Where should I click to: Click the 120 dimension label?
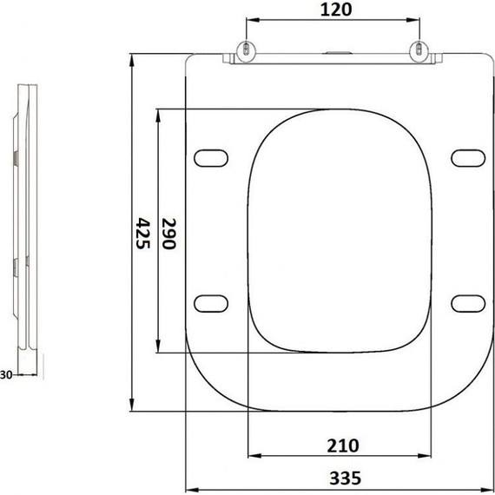click(x=335, y=10)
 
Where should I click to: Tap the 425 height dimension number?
click(x=142, y=234)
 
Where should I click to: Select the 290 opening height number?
click(x=168, y=234)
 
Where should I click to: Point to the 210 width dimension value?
click(x=343, y=445)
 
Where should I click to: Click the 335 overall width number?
click(x=345, y=478)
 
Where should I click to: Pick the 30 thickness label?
click(x=6, y=375)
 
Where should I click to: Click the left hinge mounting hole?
click(x=247, y=49)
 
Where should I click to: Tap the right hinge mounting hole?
click(x=419, y=49)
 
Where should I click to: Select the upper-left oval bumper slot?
click(x=211, y=158)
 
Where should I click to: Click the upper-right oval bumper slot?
click(x=468, y=158)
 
